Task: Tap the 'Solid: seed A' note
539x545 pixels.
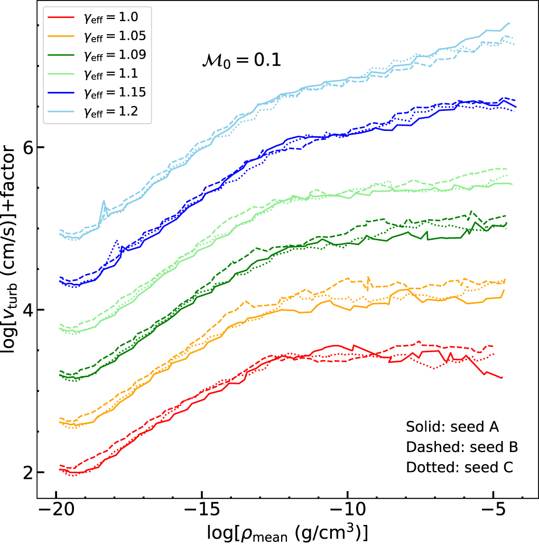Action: tap(452, 426)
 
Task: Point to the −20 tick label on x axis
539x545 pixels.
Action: tap(56, 511)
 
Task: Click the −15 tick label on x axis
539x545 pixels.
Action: tap(202, 511)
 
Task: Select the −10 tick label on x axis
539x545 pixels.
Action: tap(347, 511)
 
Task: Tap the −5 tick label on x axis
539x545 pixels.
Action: tap(493, 511)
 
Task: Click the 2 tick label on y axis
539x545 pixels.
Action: tap(28, 473)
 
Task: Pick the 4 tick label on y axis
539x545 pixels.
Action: tap(28, 310)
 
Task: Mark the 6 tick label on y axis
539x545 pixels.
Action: tap(28, 147)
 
